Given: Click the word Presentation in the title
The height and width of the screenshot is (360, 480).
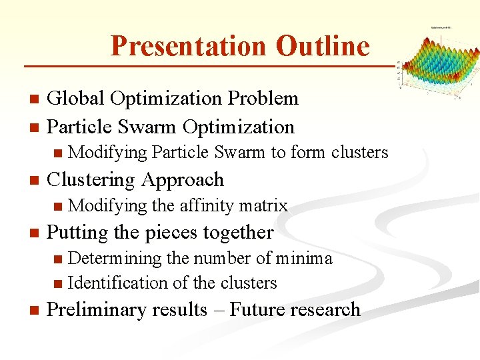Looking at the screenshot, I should [x=188, y=46].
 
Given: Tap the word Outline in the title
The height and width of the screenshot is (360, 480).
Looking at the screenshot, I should [x=322, y=46].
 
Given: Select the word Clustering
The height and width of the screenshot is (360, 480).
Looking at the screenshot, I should [x=90, y=180].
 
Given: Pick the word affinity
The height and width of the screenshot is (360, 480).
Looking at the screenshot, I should [x=204, y=206].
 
